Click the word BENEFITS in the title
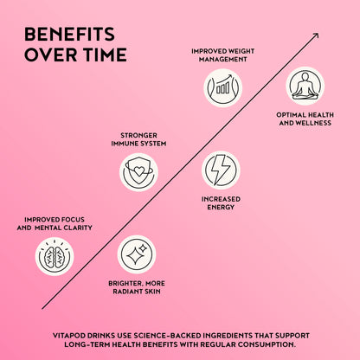pos(69,34)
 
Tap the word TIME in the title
pos(105,55)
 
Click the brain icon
pos(55,256)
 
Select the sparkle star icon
pos(137,254)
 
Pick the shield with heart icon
pos(138,172)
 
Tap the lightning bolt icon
pos(221,170)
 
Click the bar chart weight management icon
pos(223,88)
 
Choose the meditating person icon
pos(305,86)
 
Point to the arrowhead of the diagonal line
pos(317,35)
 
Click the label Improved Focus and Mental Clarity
pos(55,223)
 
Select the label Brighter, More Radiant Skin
pos(137,287)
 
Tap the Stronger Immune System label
pos(138,139)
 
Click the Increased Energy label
pos(221,203)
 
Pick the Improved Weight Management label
pos(223,55)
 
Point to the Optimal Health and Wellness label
pos(305,119)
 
